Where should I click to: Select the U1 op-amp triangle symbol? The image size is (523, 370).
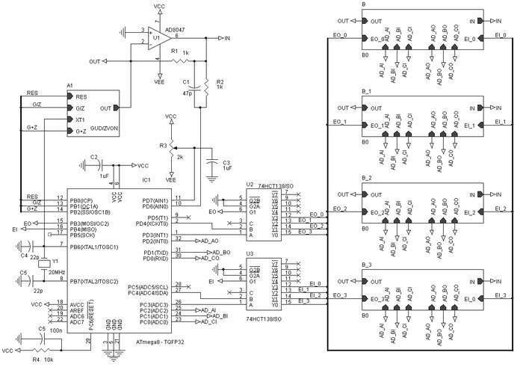[155, 36]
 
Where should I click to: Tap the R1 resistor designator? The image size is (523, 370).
[173, 51]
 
